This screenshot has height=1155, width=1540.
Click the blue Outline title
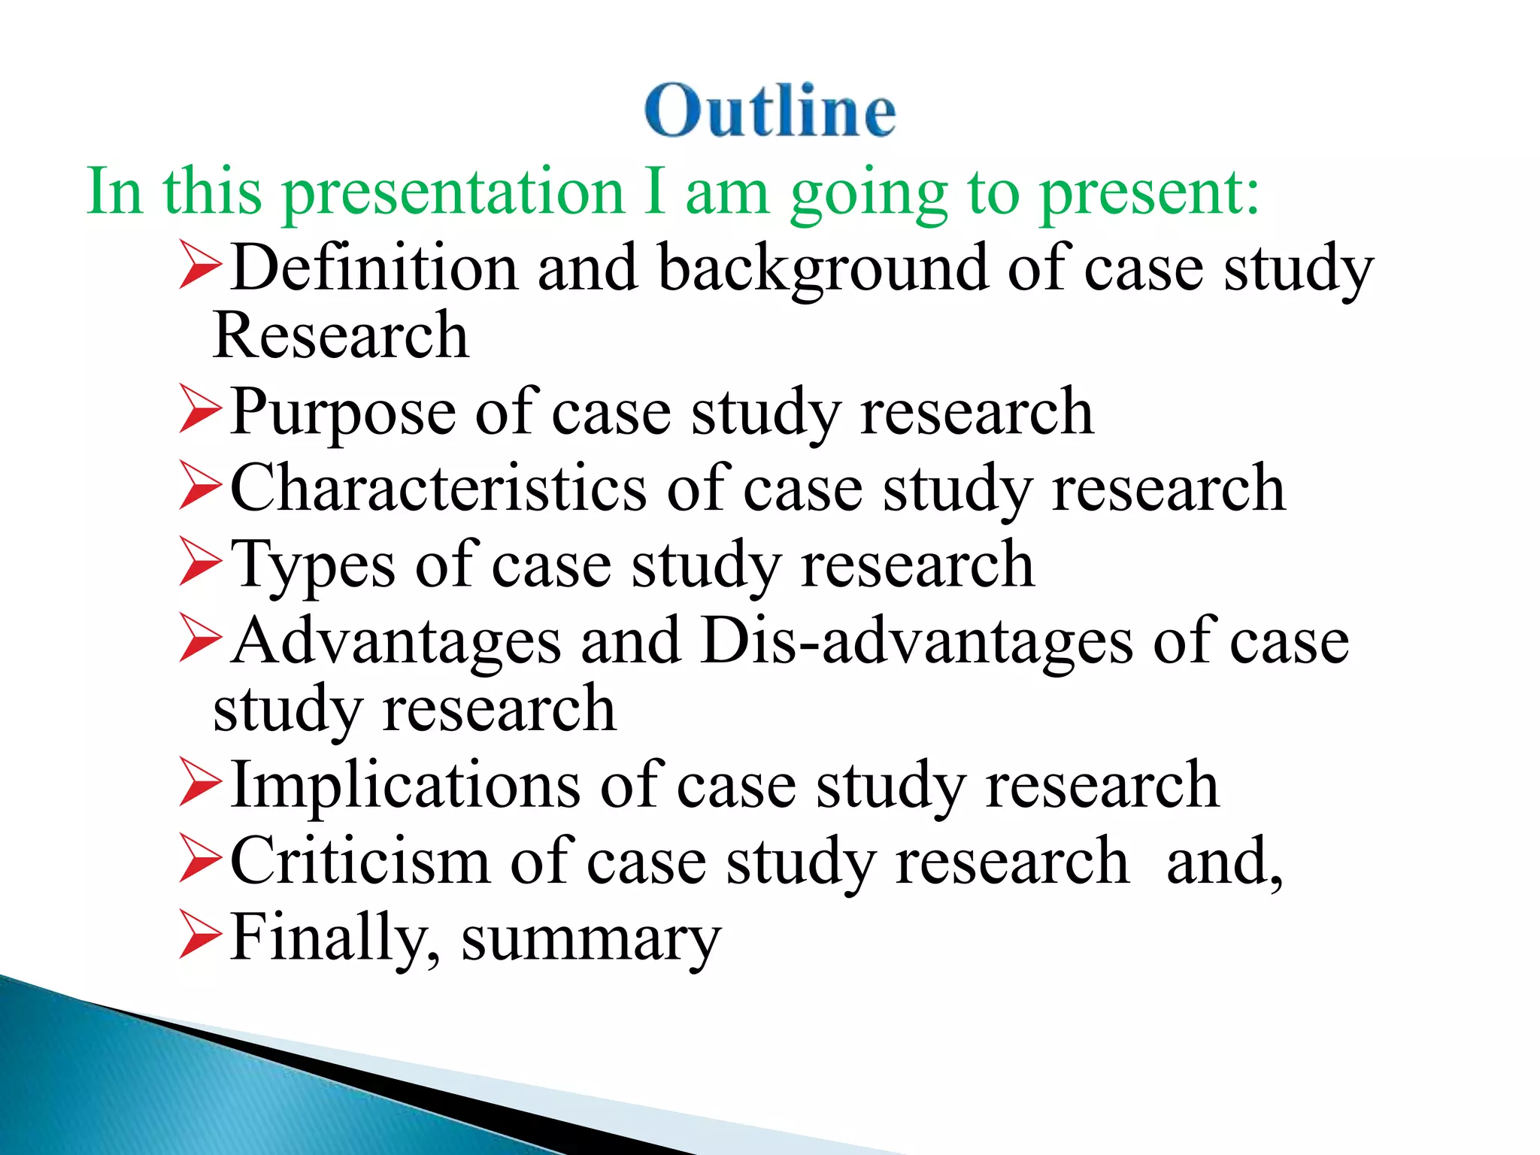click(770, 111)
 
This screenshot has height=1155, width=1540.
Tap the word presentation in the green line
click(453, 192)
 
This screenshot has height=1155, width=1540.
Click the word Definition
click(374, 268)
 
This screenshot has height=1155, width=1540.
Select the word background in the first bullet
click(823, 268)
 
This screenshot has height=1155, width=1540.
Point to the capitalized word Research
click(341, 335)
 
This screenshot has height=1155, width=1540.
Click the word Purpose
click(342, 412)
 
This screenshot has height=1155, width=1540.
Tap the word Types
click(312, 565)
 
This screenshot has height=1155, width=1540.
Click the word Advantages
click(396, 641)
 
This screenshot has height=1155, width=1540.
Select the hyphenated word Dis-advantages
click(915, 641)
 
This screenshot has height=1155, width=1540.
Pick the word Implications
click(405, 785)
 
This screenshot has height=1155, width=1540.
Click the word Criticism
click(359, 861)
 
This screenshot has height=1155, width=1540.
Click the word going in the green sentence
click(869, 193)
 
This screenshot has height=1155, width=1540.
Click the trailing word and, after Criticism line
click(1224, 862)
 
